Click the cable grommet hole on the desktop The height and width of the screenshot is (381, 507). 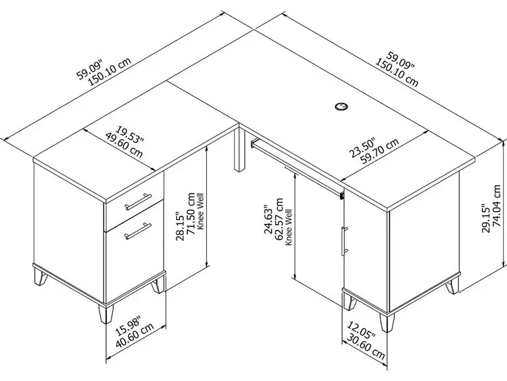(341, 106)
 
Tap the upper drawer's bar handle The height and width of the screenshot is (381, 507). (138, 202)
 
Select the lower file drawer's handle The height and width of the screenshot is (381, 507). (138, 231)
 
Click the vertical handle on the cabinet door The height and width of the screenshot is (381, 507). (345, 241)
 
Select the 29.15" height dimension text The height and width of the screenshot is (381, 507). (486, 218)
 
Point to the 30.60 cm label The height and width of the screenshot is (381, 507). (366, 346)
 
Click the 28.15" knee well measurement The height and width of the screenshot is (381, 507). (180, 226)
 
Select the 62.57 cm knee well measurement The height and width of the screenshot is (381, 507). (279, 219)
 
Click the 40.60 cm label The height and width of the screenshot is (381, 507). (135, 336)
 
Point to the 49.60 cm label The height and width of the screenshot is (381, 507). (124, 145)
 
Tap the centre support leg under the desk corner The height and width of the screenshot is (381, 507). (239, 149)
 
